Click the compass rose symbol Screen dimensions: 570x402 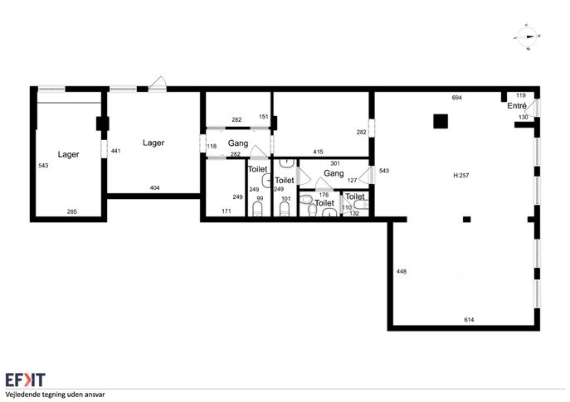528,36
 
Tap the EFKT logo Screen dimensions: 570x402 26,380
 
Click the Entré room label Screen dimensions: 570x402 517,105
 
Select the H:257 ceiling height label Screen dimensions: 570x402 461,175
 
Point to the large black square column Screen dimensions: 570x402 441,121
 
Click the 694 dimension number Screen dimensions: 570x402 456,97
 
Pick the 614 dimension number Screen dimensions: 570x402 469,320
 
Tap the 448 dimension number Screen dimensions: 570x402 402,271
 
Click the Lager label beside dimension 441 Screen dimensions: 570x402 153,143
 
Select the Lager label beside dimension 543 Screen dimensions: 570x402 68,155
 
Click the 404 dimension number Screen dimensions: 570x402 154,188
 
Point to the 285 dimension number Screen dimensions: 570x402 71,211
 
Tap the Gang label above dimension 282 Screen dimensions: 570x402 238,143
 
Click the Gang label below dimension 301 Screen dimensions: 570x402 334,173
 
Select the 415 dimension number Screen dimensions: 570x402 318,152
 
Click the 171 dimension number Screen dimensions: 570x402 227,211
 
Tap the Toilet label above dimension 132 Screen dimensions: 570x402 355,196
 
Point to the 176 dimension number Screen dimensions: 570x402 324,195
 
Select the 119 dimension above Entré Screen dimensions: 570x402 520,95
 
